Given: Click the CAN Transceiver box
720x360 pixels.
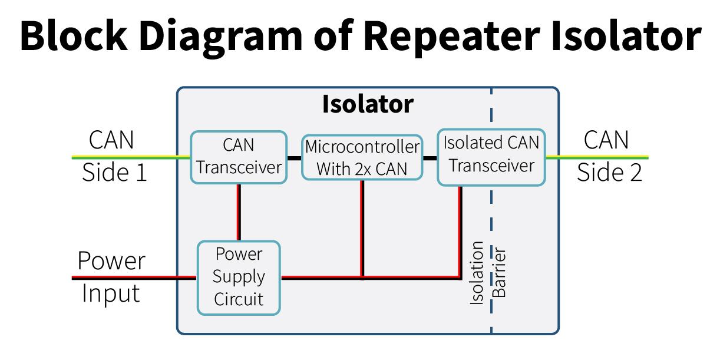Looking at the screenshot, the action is tap(239, 157).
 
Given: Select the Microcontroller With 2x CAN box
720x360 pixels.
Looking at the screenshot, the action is tap(362, 157).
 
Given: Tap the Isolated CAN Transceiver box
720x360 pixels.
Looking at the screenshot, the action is tap(491, 157).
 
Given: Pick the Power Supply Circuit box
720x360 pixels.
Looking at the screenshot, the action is tap(239, 278).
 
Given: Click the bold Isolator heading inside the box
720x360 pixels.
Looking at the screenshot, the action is tap(368, 104).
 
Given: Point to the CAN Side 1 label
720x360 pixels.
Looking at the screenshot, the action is tap(113, 156).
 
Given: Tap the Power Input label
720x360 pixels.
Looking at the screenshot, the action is tap(111, 277).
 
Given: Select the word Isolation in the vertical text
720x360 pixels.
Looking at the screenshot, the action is tap(477, 273).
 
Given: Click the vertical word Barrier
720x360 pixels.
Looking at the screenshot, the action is tap(499, 272).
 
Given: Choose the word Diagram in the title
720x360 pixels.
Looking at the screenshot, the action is tap(220, 36).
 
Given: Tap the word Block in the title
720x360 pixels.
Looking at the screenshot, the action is tap(74, 35).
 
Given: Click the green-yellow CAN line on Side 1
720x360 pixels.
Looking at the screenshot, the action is tap(131, 157).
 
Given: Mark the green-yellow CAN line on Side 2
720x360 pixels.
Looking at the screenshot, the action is tap(597, 157).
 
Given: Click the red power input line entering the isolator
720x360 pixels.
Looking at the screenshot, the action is tap(134, 278).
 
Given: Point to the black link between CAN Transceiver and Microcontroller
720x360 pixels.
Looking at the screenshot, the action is tap(294, 158).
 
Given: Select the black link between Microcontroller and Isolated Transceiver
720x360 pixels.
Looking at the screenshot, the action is tap(430, 158).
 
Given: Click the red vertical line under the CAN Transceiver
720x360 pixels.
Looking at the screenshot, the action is tap(239, 212).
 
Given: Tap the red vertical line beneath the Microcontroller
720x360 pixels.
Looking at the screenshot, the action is tap(362, 228).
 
